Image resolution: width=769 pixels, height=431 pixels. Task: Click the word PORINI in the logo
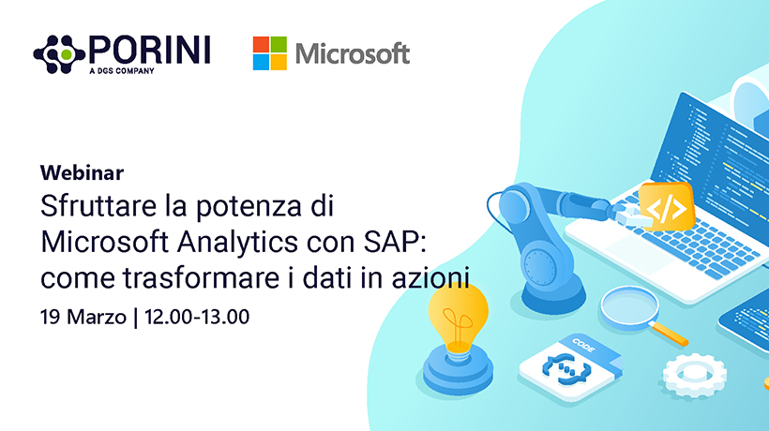pos(150,50)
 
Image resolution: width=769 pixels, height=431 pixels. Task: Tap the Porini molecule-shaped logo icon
pos(59,54)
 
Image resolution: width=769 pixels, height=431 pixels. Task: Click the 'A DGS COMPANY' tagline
pos(122,71)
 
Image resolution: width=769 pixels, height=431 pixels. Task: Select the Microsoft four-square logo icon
pos(270,52)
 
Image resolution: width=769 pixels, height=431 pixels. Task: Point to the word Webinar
pos(82,173)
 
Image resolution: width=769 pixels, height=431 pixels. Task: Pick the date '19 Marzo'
pos(83,318)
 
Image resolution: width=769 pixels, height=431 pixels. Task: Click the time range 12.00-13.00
pos(197,317)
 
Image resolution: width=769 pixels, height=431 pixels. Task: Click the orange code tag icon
pos(667,207)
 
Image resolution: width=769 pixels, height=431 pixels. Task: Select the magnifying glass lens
pos(629,306)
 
